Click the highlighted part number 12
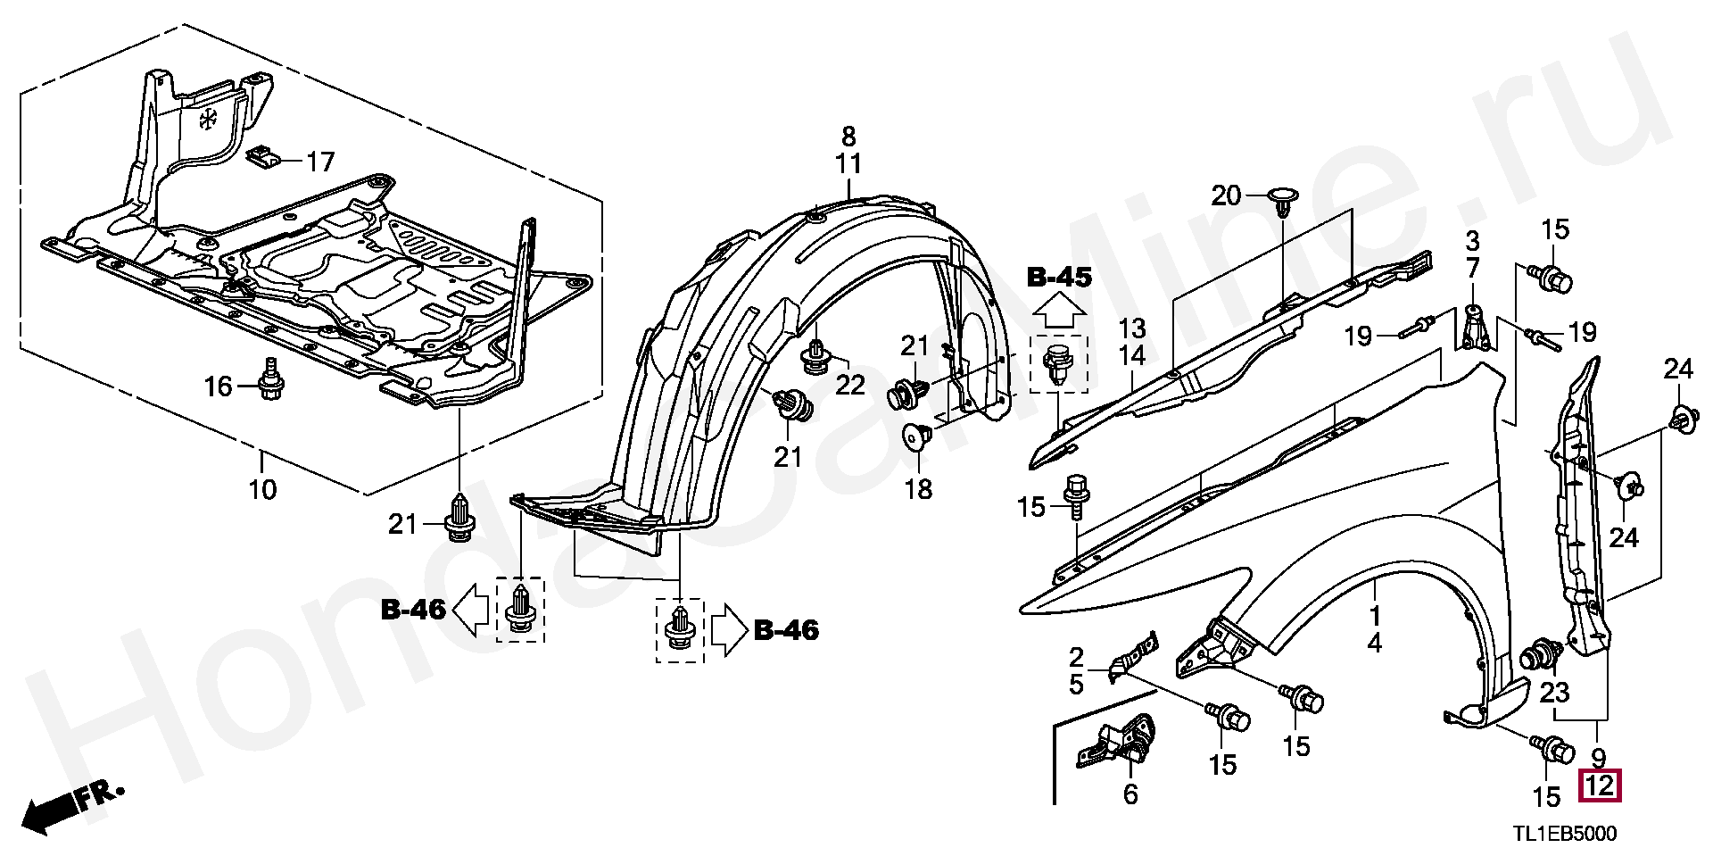point(1600,786)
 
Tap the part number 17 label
point(320,162)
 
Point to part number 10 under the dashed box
point(263,488)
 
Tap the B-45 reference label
point(1059,278)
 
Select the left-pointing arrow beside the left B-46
point(470,610)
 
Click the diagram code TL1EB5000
point(1563,835)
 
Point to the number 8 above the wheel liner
point(848,137)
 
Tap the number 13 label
point(1132,327)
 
